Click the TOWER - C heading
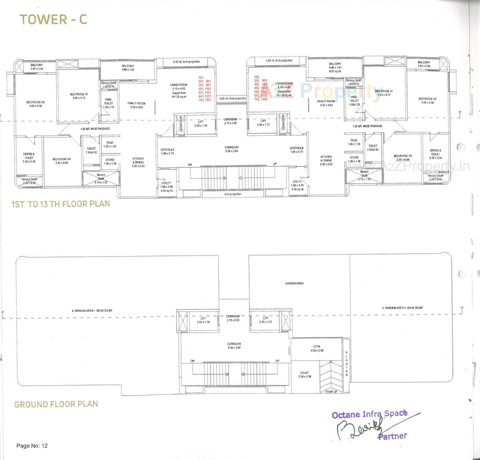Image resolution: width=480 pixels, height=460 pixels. pyautogui.click(x=53, y=19)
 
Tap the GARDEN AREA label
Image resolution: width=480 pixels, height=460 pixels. pyautogui.click(x=294, y=283)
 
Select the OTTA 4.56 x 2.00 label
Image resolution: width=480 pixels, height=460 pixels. pyautogui.click(x=317, y=348)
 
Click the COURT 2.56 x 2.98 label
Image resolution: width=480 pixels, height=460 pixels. pyautogui.click(x=305, y=374)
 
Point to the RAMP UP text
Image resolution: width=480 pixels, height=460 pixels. pyautogui.click(x=331, y=391)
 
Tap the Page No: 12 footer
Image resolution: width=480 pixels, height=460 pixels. pyautogui.click(x=32, y=446)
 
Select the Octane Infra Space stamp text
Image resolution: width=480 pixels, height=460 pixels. pyautogui.click(x=369, y=414)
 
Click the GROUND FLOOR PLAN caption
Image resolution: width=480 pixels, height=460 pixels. pyautogui.click(x=56, y=404)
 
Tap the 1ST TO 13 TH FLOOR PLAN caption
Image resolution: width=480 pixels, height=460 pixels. pyautogui.click(x=61, y=204)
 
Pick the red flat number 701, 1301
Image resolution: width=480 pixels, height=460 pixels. pyautogui.click(x=205, y=100)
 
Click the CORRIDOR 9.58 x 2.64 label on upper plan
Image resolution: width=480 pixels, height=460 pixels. pyautogui.click(x=231, y=149)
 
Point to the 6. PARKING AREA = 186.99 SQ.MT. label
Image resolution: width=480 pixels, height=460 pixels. pyautogui.click(x=92, y=311)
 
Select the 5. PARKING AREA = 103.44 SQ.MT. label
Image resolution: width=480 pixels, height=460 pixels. pyautogui.click(x=402, y=308)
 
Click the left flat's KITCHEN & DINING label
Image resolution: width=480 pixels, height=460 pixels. pyautogui.click(x=138, y=162)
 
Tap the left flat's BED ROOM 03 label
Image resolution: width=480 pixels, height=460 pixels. pyautogui.click(x=61, y=161)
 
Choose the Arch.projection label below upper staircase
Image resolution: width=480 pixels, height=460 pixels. pyautogui.click(x=233, y=194)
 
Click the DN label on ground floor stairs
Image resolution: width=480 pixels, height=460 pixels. pyautogui.click(x=192, y=361)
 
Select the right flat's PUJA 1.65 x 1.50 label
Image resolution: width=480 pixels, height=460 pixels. pyautogui.click(x=354, y=142)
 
